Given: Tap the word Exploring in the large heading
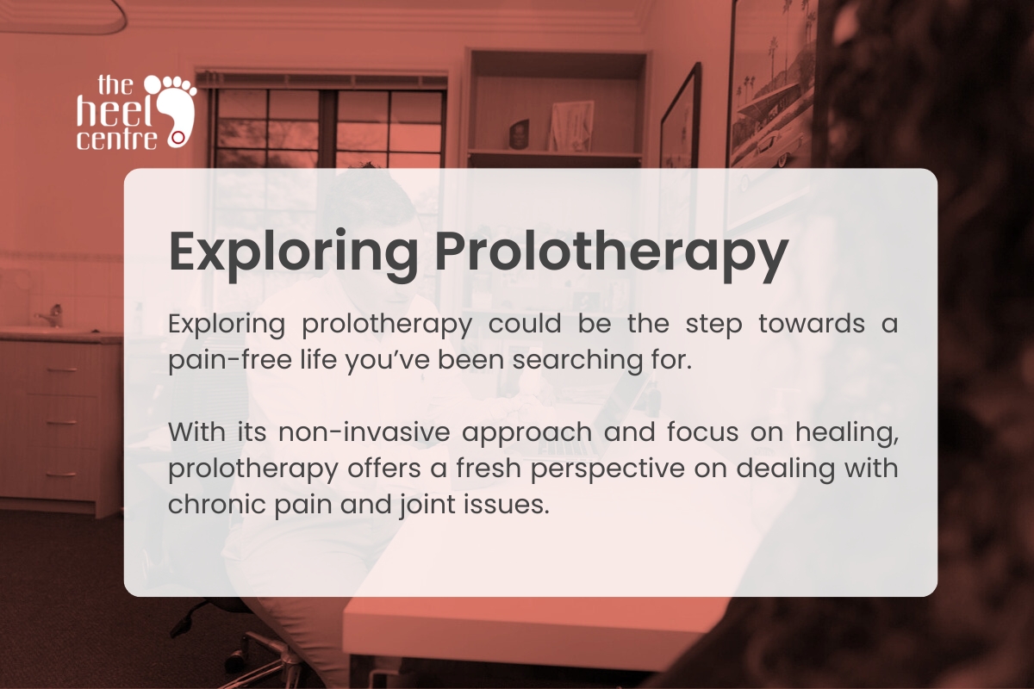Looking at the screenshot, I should [293, 251].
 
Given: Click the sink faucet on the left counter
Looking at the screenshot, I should [53, 314].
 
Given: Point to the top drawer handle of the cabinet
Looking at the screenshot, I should [60, 371].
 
